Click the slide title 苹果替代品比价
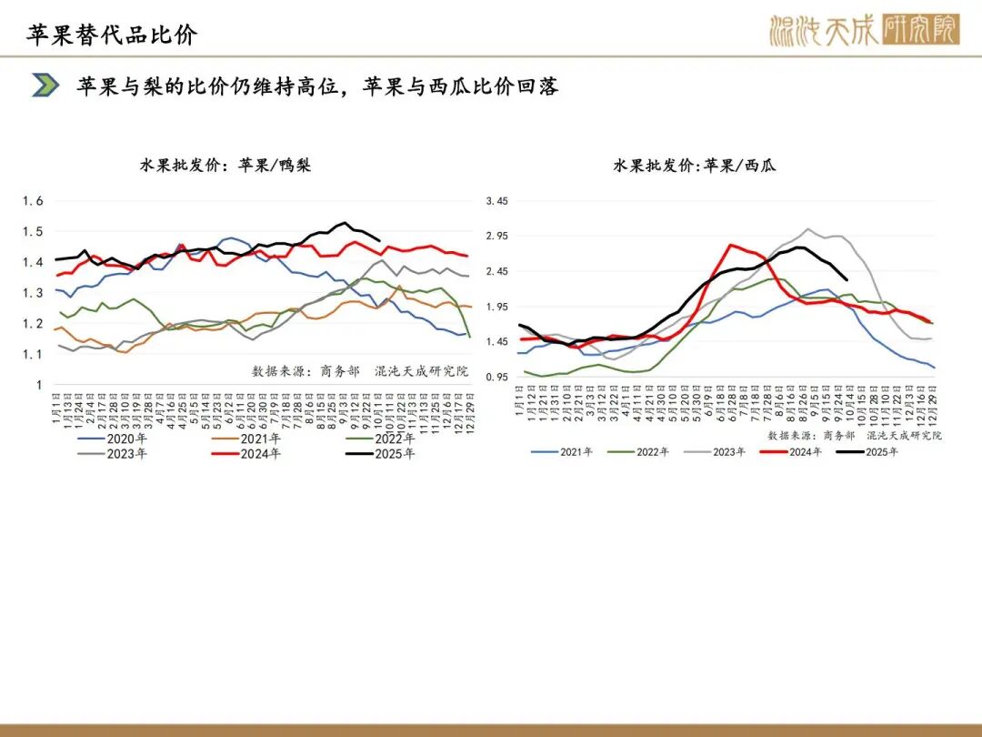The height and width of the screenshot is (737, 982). click(112, 35)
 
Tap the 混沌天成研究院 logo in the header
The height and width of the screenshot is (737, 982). click(863, 30)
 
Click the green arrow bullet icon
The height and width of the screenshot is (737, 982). click(45, 86)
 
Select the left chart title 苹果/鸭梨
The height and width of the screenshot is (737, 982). click(225, 166)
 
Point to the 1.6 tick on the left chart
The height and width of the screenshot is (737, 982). click(33, 201)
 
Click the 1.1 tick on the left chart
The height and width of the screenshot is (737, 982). click(33, 354)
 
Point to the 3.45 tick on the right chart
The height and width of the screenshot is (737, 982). click(496, 201)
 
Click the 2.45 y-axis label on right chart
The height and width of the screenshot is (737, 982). click(496, 271)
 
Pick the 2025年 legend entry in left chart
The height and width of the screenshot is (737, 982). click(381, 454)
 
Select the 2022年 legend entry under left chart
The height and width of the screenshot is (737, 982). click(381, 439)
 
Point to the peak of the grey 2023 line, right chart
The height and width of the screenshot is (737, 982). click(807, 229)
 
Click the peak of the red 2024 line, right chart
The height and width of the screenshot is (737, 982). click(730, 245)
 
